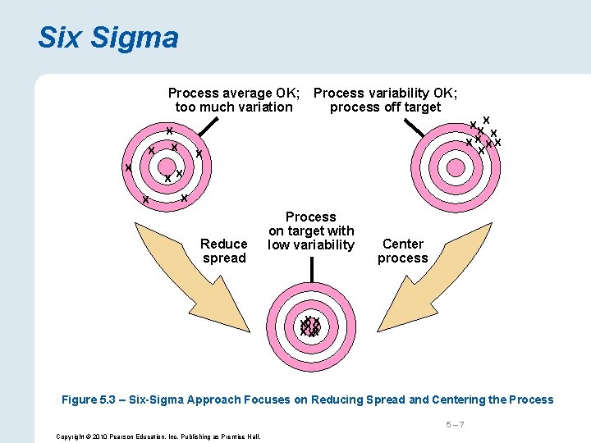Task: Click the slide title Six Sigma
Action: (108, 38)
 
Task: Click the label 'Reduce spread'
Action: (224, 251)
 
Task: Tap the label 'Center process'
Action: (402, 251)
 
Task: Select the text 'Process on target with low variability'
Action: (311, 231)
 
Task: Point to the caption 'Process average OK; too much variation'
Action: (234, 100)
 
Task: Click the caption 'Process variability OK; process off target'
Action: (386, 100)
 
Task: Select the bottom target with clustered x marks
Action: (310, 328)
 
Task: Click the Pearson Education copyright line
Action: (158, 436)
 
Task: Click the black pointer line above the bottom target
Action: (311, 268)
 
